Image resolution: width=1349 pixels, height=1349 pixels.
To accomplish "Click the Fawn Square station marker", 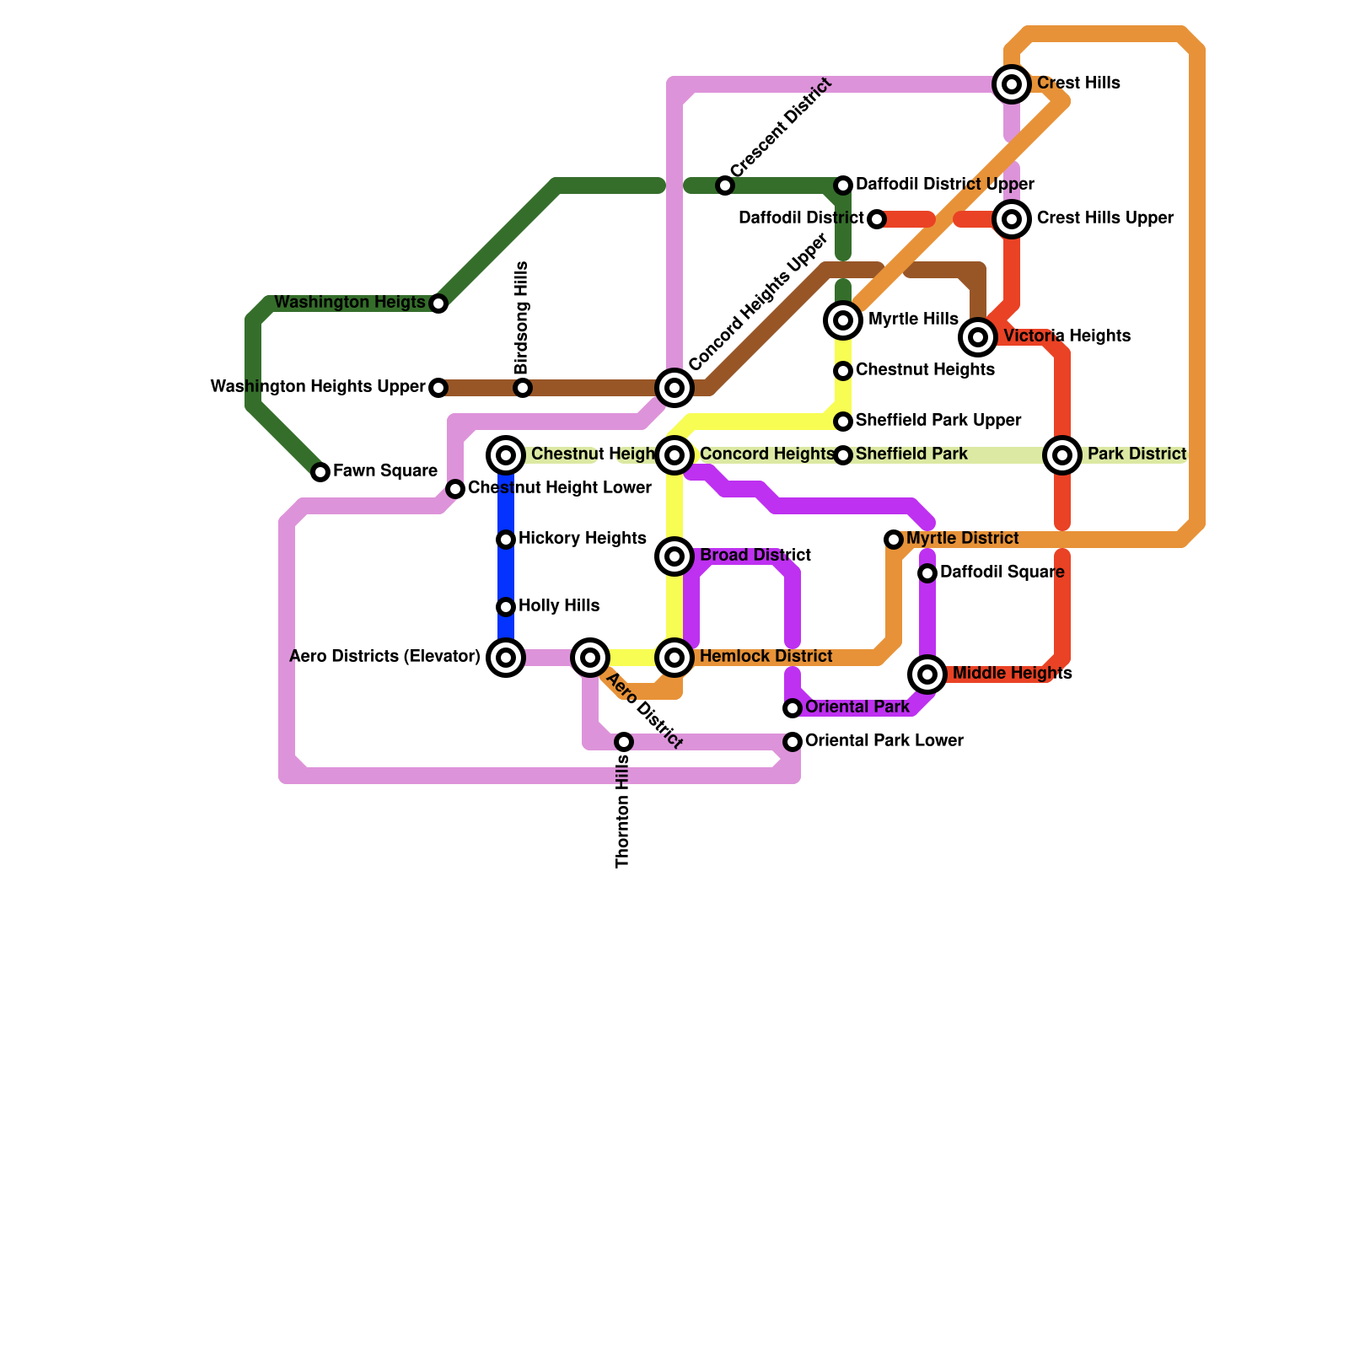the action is (320, 472).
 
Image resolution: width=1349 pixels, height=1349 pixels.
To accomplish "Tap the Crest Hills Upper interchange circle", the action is (1012, 219).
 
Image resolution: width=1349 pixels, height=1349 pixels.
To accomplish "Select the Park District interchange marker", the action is (1062, 455).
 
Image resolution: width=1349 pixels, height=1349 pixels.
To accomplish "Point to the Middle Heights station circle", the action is (927, 674).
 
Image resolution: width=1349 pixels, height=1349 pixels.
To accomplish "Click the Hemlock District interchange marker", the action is (674, 658).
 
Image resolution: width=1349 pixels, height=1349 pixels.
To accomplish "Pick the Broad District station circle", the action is (674, 556).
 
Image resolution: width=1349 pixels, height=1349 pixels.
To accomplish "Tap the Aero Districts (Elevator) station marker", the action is (506, 658).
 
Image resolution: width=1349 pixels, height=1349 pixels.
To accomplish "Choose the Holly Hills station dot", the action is (506, 607).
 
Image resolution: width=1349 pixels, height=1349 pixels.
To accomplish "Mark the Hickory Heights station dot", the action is (506, 540).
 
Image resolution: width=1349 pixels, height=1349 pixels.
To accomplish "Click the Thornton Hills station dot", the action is (624, 742).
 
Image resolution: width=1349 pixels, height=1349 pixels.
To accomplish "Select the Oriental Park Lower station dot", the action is (793, 742).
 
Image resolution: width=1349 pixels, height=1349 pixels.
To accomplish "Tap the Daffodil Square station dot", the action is (927, 573).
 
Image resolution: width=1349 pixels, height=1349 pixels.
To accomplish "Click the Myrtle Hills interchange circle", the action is (843, 320).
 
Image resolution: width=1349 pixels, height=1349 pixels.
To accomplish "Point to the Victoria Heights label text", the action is (1067, 336).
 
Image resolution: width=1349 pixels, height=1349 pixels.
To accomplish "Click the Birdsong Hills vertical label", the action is (522, 318).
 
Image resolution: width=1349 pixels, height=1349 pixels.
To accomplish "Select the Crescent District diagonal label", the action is (782, 128).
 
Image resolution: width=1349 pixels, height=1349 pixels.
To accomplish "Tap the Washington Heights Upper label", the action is (318, 387).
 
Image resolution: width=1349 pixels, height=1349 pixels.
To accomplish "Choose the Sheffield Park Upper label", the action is (938, 421).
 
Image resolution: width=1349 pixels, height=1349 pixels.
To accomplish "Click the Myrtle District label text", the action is (963, 539).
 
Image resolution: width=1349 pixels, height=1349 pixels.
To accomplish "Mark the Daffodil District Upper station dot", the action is (843, 185).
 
